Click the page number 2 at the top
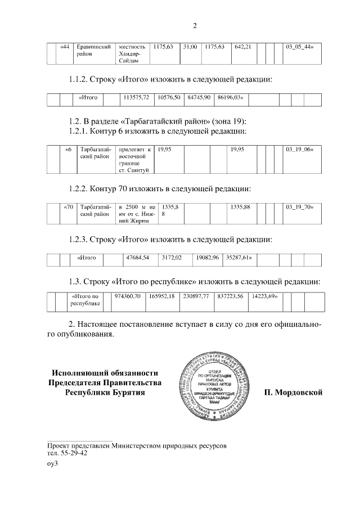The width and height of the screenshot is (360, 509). click(x=195, y=25)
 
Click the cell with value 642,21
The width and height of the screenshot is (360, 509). click(x=242, y=46)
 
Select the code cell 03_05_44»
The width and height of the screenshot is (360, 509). click(x=300, y=46)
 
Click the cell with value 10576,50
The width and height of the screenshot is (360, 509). click(x=169, y=97)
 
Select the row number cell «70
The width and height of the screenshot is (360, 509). click(x=69, y=207)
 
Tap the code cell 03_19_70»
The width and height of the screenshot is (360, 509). click(x=300, y=207)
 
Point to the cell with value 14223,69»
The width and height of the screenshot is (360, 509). click(x=265, y=296)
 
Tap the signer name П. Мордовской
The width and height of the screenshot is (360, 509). click(x=293, y=392)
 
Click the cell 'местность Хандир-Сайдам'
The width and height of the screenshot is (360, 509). click(x=132, y=53)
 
